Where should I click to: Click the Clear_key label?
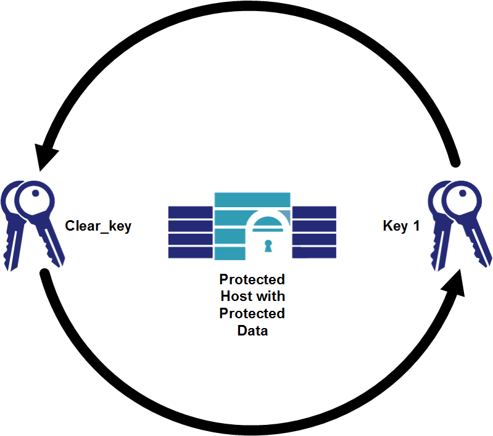pos(98,226)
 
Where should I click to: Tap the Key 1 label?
pos(401,226)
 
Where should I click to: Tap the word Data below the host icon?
pos(252,330)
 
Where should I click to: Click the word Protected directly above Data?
pos(252,313)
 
